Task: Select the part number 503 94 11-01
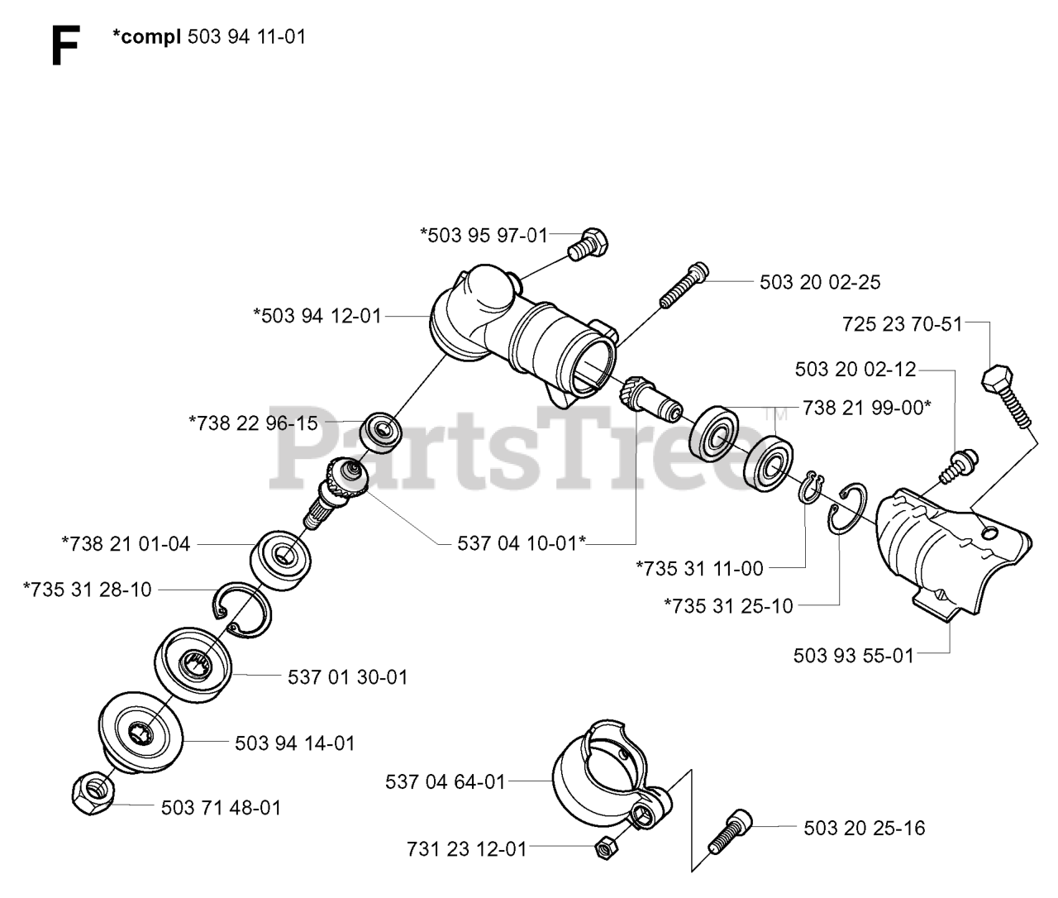coord(246,37)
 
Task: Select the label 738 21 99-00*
coord(866,408)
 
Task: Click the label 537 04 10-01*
coord(522,543)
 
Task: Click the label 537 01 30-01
coord(347,677)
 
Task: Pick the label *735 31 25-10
coord(728,606)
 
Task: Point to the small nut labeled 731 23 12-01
coord(605,846)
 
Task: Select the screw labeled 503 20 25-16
coord(727,831)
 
